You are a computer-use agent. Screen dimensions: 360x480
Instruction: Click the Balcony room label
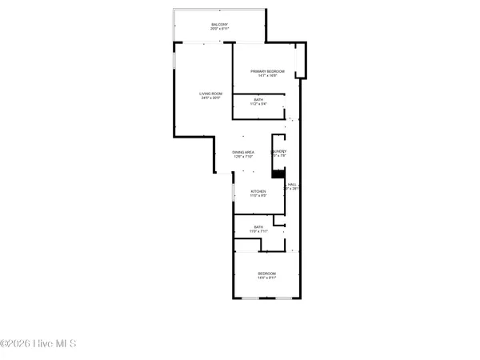(219, 25)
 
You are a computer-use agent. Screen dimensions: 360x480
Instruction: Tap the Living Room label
(210, 94)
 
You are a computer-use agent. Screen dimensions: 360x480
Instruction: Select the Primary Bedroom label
(267, 71)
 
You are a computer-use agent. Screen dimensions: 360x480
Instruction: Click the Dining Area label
(243, 152)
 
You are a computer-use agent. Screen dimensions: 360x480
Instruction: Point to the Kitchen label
(258, 191)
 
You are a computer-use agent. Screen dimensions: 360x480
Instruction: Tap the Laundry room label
(279, 151)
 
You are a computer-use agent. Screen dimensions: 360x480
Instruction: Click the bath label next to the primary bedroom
(258, 99)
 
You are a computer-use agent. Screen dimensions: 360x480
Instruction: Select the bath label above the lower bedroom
(258, 227)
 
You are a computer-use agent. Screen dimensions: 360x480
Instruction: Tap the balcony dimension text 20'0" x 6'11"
(219, 30)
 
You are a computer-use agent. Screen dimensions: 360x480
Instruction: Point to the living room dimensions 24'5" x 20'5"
(210, 99)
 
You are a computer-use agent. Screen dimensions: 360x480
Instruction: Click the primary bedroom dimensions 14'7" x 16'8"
(267, 76)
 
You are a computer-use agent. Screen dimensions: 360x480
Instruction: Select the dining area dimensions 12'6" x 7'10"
(243, 157)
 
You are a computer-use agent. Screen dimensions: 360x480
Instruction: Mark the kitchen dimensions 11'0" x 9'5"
(258, 196)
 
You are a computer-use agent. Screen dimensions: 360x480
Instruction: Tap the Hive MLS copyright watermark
(38, 344)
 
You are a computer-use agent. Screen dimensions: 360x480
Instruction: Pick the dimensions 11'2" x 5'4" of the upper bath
(258, 104)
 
